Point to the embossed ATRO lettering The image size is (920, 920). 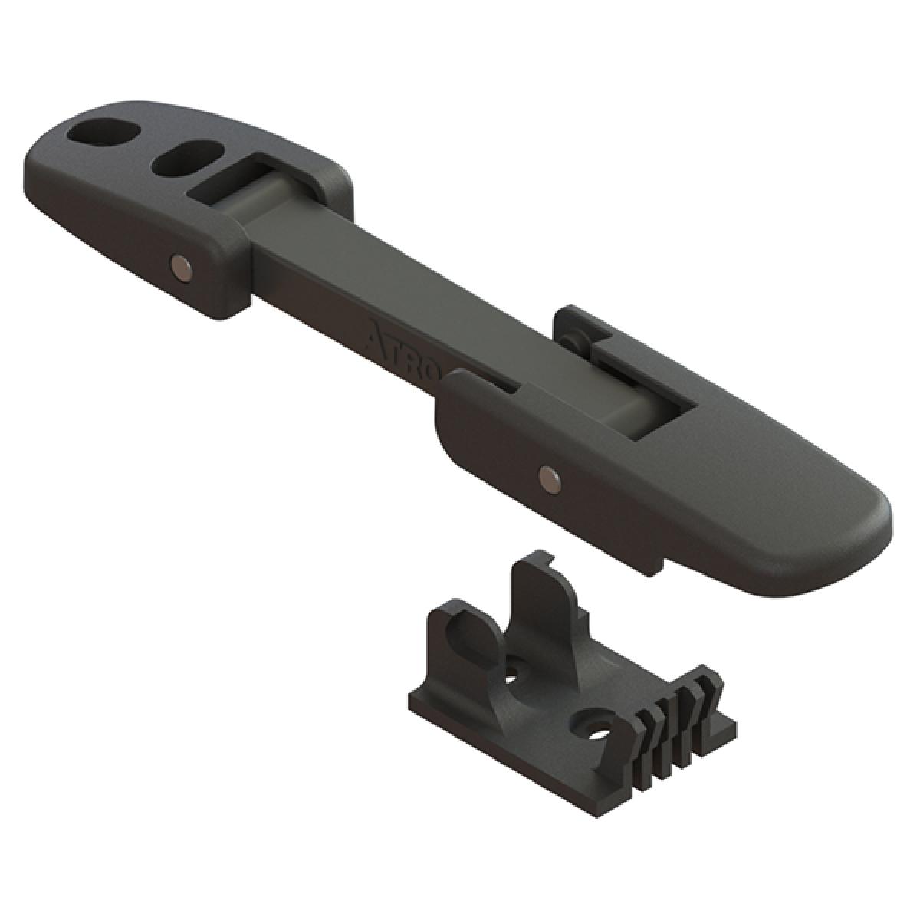402,348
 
